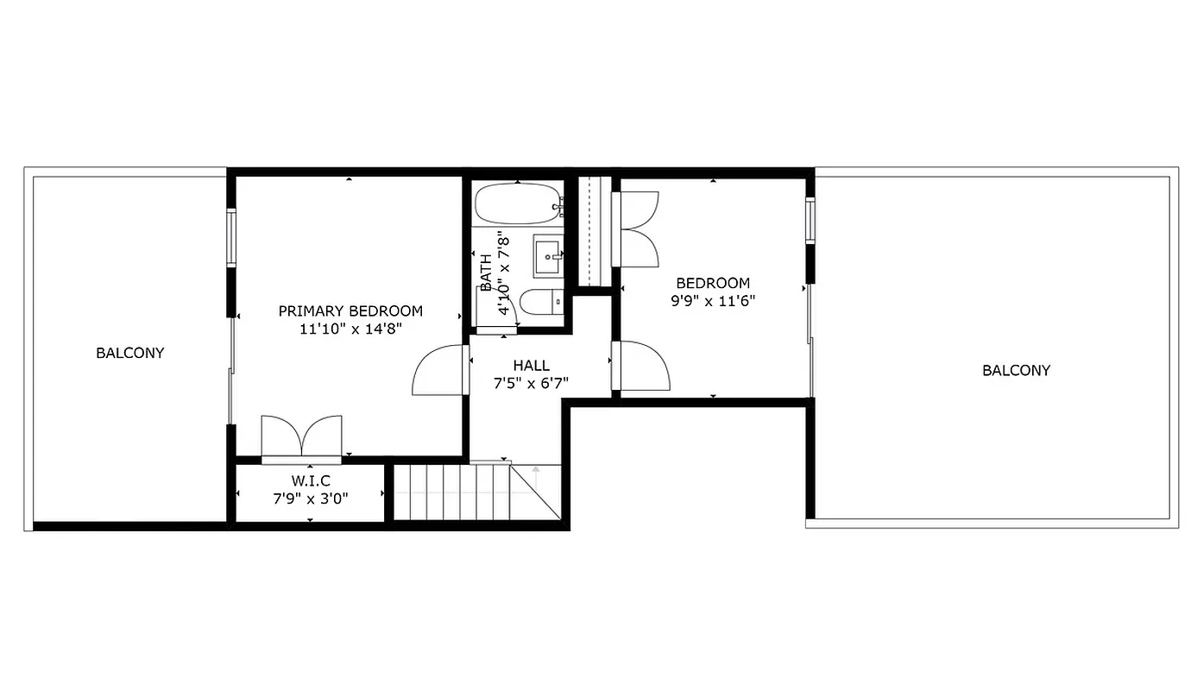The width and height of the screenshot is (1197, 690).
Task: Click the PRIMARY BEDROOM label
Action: tap(350, 310)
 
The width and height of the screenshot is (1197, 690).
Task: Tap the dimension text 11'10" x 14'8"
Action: tap(350, 329)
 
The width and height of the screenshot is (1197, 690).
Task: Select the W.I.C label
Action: tap(310, 480)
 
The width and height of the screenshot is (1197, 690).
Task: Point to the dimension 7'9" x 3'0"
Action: tap(310, 497)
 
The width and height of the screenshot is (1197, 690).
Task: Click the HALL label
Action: tap(531, 366)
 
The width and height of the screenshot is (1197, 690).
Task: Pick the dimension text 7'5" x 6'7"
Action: tap(531, 384)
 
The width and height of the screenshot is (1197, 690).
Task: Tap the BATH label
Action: tap(486, 272)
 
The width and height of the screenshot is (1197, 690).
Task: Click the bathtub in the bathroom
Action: tap(516, 204)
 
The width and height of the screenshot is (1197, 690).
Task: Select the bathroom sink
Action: tap(548, 255)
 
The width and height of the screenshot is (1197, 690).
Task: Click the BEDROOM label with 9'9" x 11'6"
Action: tap(713, 283)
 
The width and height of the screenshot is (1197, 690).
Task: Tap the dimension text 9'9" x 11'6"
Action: tap(713, 301)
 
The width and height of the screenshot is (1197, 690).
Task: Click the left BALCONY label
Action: tap(130, 353)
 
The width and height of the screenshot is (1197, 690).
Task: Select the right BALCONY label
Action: tap(1016, 371)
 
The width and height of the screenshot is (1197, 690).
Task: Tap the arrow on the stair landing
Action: tap(536, 474)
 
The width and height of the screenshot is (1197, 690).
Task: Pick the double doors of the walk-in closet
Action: tap(301, 436)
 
